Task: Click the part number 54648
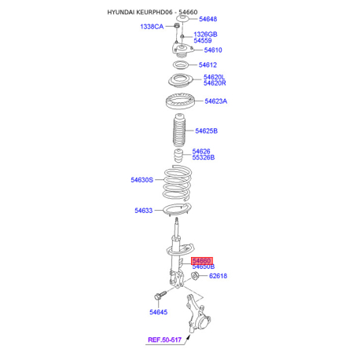(x=208, y=19)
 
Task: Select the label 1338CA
(x=152, y=27)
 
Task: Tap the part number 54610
(x=213, y=50)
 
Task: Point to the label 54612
(x=208, y=64)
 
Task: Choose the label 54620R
(x=215, y=83)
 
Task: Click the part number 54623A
(x=216, y=101)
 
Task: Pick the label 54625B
(x=206, y=130)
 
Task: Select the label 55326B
(x=204, y=157)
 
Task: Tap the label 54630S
(x=141, y=180)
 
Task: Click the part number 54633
(x=143, y=211)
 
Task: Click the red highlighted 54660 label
(x=202, y=261)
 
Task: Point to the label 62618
(x=218, y=276)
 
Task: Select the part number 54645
(x=158, y=312)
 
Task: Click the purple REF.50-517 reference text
(x=164, y=340)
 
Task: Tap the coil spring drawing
(x=178, y=182)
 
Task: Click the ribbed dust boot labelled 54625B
(x=179, y=130)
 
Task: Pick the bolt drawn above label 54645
(x=160, y=296)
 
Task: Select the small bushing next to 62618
(x=195, y=276)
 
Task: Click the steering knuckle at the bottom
(x=197, y=314)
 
